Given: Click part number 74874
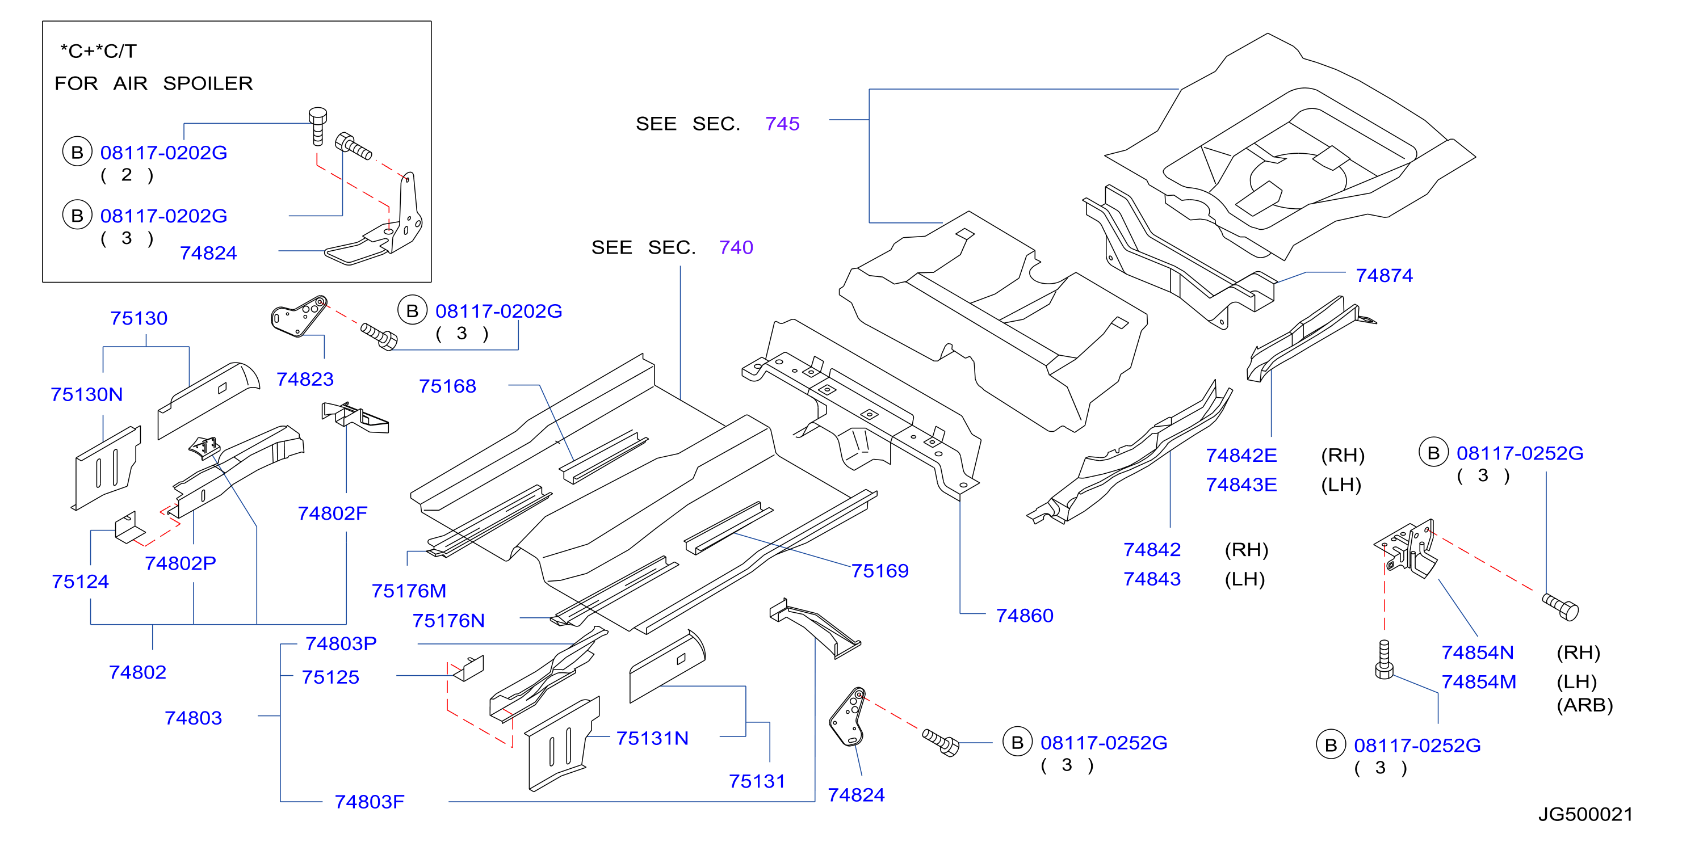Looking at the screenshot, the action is (x=1384, y=276).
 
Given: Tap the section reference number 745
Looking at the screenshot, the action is (x=782, y=124).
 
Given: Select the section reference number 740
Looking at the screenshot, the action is (x=736, y=247).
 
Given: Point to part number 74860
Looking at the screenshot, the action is (x=1024, y=615).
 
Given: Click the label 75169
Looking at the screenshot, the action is (x=880, y=570).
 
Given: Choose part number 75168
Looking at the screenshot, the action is (x=447, y=386).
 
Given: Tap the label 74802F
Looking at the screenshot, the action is (x=333, y=513).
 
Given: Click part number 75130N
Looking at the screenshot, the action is (x=86, y=394).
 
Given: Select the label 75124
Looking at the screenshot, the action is (x=80, y=582).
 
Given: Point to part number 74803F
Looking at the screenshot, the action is (x=370, y=802).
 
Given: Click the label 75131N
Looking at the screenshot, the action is (x=652, y=739).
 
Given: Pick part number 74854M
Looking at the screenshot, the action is (x=1479, y=682).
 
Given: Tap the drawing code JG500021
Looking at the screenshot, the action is (x=1585, y=814).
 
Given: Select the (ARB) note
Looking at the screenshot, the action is (x=1584, y=705).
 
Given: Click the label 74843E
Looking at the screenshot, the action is (x=1241, y=485).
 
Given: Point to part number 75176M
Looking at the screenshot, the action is (x=409, y=591).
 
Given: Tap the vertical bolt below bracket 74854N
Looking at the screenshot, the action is (x=1384, y=659).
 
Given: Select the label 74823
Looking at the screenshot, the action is (x=305, y=379).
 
